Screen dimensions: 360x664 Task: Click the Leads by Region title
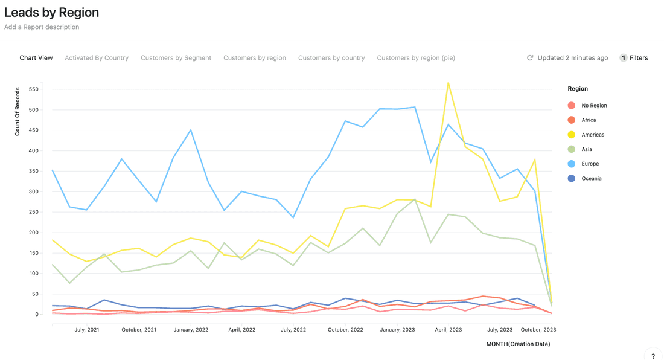click(x=52, y=12)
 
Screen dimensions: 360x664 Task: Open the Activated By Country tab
click(x=97, y=58)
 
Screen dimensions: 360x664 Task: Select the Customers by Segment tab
click(x=176, y=58)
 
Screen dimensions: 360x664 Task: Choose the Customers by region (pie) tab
click(x=416, y=58)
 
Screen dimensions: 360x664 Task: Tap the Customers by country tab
click(x=331, y=58)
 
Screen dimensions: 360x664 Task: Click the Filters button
click(x=634, y=58)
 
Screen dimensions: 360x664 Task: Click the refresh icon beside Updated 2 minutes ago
click(x=530, y=58)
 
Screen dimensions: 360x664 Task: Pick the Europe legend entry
click(x=590, y=164)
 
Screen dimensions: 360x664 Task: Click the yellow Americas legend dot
click(x=572, y=135)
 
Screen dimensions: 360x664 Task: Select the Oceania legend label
click(x=592, y=178)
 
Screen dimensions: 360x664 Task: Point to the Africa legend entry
click(x=589, y=120)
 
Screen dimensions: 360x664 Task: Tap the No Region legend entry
click(x=594, y=106)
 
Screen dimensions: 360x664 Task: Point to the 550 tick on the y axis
click(x=33, y=89)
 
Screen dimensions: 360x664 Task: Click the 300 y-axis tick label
click(x=33, y=191)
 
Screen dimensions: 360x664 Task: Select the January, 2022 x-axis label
click(x=191, y=330)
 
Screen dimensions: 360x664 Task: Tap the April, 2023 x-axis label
click(x=449, y=330)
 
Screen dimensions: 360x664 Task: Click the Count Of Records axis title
click(x=18, y=111)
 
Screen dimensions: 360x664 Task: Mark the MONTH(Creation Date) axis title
click(x=518, y=344)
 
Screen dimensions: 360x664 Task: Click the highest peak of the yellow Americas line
click(x=448, y=83)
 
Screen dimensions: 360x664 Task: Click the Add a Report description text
click(x=42, y=27)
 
